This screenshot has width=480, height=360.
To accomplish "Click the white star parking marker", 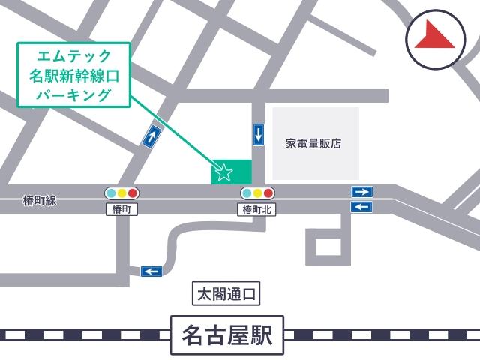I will point(223,173).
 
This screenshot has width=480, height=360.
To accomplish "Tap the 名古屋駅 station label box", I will point(227,335).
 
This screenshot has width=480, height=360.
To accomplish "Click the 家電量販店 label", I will point(313,143).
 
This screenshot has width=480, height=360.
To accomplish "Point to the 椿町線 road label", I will point(40,201).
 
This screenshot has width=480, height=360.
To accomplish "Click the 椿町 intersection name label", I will point(122,210).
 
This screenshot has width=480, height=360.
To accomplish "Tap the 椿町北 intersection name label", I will point(258,210).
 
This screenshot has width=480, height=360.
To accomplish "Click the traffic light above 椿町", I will point(122,193).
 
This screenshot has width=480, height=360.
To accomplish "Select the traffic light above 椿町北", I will point(258,193).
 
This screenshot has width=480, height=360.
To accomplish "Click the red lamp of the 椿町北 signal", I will point(268,193).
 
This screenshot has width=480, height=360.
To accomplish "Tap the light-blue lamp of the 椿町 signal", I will point(111,193).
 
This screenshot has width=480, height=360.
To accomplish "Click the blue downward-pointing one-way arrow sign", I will point(259,135).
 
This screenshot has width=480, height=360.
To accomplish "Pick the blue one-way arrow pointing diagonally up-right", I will point(152,136).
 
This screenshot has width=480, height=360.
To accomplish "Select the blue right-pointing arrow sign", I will point(362,192).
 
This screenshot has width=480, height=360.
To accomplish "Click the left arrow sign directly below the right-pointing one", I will point(362,206).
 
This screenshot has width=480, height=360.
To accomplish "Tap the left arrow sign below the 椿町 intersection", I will point(151,271).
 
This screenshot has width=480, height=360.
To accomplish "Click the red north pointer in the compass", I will point(437,37).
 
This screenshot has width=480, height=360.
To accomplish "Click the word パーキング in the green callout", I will point(74,95).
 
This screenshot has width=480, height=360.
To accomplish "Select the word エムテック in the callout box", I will point(74,56).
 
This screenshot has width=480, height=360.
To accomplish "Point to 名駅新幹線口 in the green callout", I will point(74,76).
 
